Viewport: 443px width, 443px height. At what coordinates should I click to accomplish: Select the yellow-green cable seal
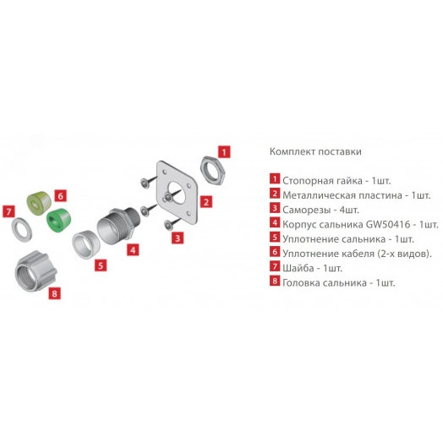(39, 203)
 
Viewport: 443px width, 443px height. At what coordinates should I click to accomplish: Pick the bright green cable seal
(59, 220)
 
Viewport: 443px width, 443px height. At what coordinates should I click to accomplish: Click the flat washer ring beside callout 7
(21, 230)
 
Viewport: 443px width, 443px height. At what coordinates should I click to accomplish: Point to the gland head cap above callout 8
(36, 271)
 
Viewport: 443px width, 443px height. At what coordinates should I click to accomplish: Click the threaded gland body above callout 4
(117, 226)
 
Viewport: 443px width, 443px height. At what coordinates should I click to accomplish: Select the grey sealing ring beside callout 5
(86, 244)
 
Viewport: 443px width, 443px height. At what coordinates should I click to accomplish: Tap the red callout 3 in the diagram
(178, 238)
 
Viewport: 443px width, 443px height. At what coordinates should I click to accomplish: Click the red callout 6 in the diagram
(61, 195)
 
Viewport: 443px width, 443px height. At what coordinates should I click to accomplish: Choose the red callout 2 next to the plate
(206, 202)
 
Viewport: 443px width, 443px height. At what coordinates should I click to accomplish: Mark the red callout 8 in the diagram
(54, 293)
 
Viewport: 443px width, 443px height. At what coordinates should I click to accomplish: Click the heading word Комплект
(293, 151)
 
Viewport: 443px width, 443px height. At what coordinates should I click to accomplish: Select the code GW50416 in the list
(388, 224)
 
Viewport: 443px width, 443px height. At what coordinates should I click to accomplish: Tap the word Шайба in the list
(298, 268)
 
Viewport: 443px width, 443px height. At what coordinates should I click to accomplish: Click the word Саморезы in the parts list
(306, 210)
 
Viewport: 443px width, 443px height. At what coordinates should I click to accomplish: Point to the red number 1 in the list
(274, 179)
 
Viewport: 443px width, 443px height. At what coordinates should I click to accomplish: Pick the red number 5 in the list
(274, 237)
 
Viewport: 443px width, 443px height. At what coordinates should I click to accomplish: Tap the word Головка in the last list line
(301, 282)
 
